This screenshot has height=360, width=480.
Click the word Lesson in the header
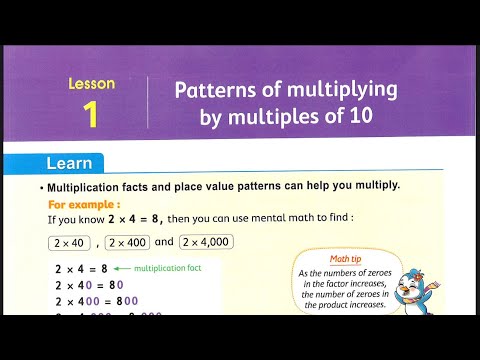(91, 84)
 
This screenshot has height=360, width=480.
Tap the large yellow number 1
(91, 114)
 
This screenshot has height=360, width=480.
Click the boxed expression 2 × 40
(70, 241)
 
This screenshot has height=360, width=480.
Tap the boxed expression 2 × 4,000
(207, 241)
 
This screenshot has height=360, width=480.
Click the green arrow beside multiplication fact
(122, 268)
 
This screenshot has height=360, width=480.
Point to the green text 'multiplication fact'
(167, 268)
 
